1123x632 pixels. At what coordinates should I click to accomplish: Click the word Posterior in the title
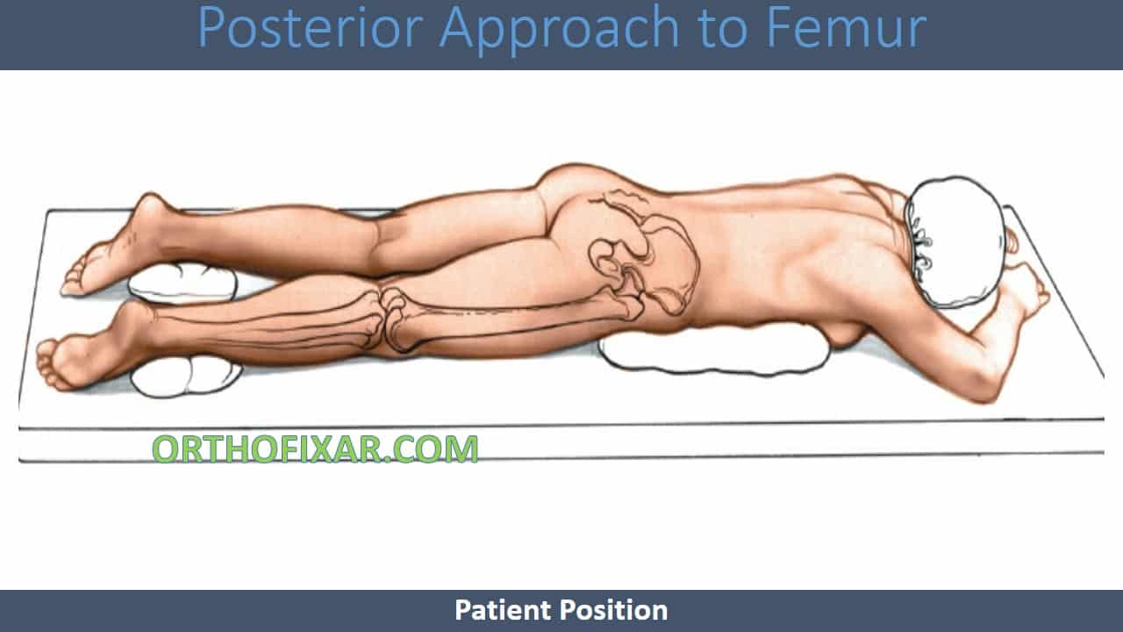(311, 27)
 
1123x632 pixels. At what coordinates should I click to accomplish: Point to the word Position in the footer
(613, 610)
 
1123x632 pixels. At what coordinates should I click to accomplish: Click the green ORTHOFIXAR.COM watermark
(315, 449)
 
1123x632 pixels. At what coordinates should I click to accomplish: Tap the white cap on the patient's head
(956, 241)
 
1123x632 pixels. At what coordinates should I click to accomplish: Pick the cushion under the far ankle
(182, 283)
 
